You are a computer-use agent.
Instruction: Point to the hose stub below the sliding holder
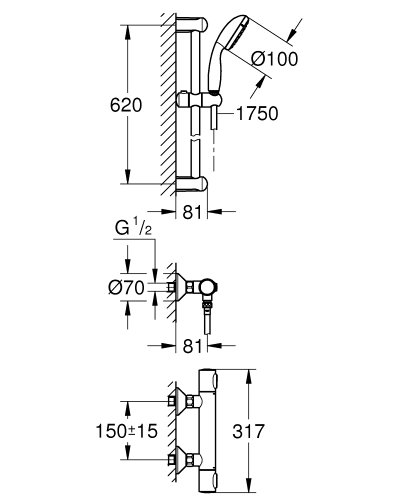212,117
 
